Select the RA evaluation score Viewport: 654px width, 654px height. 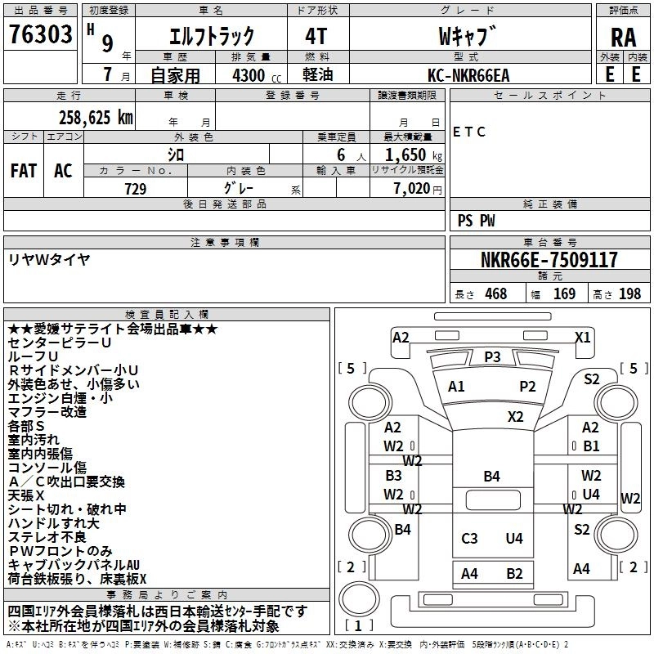point(623,38)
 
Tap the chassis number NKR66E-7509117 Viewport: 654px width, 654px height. point(549,260)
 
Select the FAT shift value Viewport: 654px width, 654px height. point(23,170)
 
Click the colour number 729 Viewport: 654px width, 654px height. point(135,189)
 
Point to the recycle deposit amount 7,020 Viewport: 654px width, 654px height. point(410,189)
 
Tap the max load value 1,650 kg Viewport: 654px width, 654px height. point(412,155)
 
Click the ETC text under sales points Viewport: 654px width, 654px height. point(469,132)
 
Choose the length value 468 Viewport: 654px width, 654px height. point(495,293)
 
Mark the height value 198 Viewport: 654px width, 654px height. point(630,293)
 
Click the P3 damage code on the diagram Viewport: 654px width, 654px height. point(492,356)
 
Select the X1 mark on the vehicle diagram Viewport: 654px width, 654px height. point(582,336)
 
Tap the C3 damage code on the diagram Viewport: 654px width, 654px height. point(469,538)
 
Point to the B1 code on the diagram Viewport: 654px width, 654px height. point(591,446)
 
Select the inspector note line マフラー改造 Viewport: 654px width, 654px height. point(47,412)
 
